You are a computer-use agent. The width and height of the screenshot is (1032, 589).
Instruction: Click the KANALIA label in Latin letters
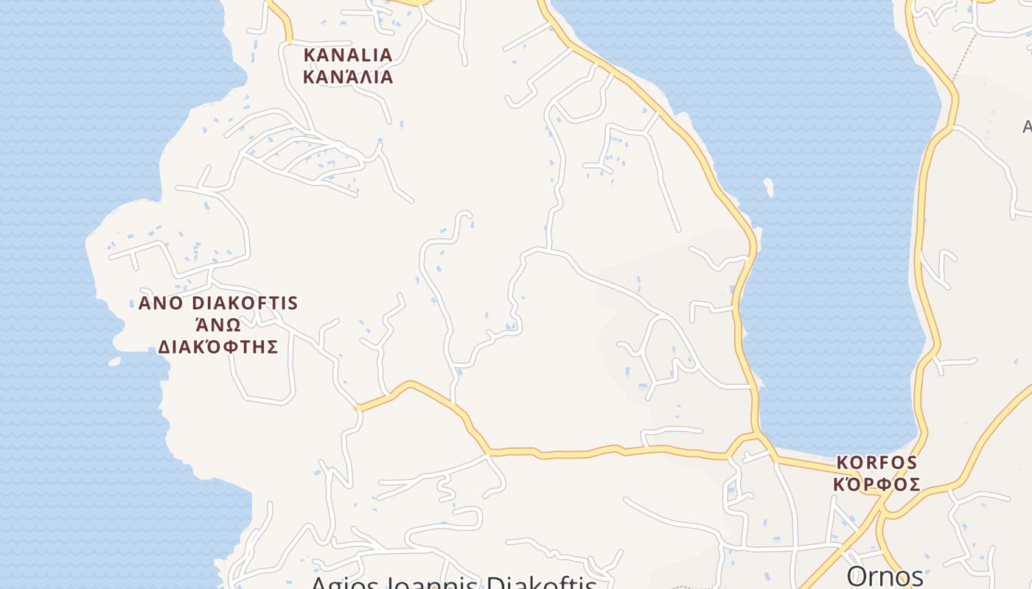pyautogui.click(x=348, y=55)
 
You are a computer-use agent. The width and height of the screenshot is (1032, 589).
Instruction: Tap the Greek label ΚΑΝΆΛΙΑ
pyautogui.click(x=348, y=77)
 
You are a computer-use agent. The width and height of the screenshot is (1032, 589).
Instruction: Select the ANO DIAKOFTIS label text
pyautogui.click(x=218, y=303)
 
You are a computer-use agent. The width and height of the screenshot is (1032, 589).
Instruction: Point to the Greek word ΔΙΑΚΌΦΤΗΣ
pyautogui.click(x=218, y=347)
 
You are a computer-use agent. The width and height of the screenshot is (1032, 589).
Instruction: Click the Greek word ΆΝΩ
pyautogui.click(x=218, y=325)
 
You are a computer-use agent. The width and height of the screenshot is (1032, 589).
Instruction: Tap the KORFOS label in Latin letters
pyautogui.click(x=876, y=463)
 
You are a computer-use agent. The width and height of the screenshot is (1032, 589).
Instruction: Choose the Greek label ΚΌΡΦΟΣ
pyautogui.click(x=876, y=484)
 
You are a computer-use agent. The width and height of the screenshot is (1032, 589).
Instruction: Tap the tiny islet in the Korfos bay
pyautogui.click(x=769, y=187)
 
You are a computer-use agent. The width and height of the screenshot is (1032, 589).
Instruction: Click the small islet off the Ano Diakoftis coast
pyautogui.click(x=114, y=361)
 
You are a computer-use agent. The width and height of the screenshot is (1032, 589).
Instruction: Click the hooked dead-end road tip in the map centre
pyautogui.click(x=464, y=214)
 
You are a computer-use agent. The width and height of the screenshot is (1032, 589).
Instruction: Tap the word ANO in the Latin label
pyautogui.click(x=161, y=303)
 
